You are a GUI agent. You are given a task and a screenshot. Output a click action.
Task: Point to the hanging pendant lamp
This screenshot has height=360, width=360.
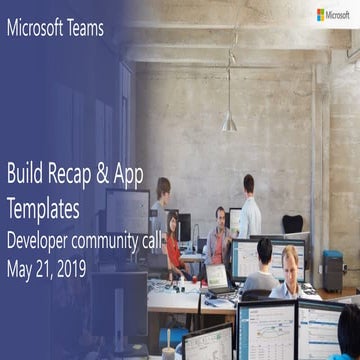tap(230, 120)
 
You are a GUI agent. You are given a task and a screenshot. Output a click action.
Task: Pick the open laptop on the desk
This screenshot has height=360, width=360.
tap(217, 279)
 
